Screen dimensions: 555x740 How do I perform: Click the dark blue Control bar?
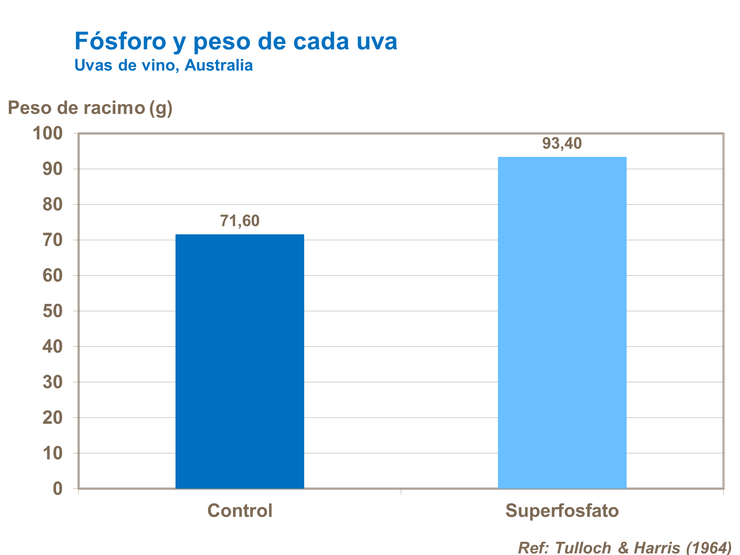(240, 361)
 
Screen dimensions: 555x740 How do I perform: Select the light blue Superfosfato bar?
(562, 323)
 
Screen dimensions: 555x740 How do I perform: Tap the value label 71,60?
(240, 221)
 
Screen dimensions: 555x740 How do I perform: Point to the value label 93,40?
(562, 144)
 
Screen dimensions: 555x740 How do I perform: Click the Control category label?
(240, 511)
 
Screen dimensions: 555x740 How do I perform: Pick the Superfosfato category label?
(562, 511)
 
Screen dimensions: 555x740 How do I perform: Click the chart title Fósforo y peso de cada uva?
(236, 41)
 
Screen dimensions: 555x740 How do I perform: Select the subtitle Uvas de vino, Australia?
(163, 65)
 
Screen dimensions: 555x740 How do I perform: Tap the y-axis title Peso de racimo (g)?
(90, 108)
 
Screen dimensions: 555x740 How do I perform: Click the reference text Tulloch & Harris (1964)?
(625, 547)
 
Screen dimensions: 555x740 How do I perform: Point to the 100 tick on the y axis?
(48, 133)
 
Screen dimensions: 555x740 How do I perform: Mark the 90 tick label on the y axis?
(53, 169)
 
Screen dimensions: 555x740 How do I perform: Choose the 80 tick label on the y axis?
(53, 204)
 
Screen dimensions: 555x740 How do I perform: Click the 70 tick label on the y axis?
(53, 240)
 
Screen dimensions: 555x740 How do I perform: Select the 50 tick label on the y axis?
(53, 311)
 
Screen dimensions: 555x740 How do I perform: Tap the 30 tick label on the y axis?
(53, 382)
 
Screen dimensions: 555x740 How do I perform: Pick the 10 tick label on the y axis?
(53, 453)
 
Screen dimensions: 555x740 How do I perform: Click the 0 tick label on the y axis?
(58, 489)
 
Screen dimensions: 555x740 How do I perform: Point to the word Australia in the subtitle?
(218, 65)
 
